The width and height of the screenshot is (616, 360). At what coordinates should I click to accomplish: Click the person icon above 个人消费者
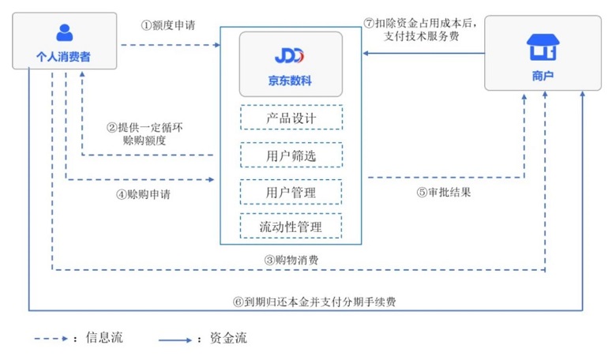(x=64, y=32)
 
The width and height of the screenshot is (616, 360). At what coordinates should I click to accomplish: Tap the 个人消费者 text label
(x=64, y=58)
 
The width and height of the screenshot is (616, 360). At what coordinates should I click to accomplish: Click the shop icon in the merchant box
(x=542, y=49)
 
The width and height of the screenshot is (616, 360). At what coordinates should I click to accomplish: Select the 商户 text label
(x=542, y=76)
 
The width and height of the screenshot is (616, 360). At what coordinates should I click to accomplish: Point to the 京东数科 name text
(x=290, y=80)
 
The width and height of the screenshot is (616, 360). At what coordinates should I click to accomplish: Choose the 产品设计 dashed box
(x=291, y=118)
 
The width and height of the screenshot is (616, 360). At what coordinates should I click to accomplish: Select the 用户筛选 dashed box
(x=291, y=155)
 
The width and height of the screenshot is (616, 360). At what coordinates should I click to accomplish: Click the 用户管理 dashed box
(x=291, y=192)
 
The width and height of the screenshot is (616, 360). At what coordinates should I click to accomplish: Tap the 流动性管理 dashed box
(x=291, y=227)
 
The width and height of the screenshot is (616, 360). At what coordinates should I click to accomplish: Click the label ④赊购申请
(x=143, y=194)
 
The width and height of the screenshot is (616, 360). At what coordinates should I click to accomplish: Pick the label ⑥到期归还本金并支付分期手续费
(x=320, y=301)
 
